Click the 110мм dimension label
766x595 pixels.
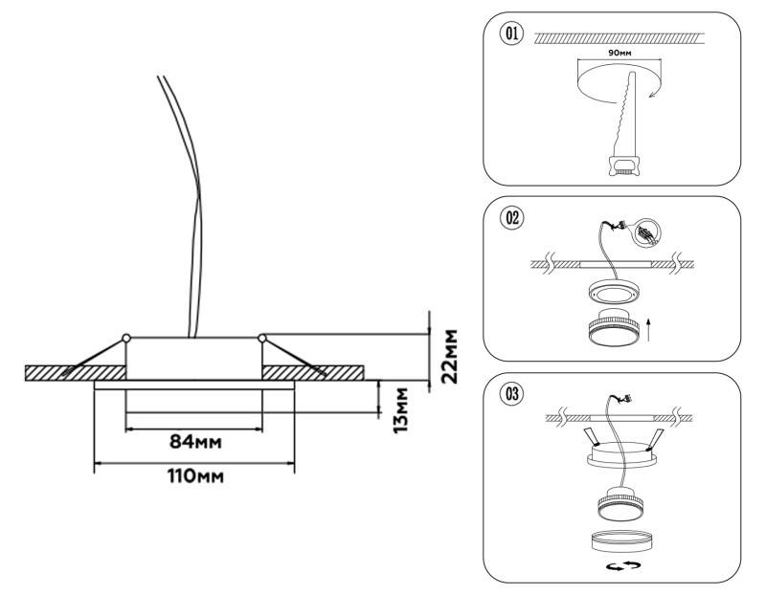point(193,475)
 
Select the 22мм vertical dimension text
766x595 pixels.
point(447,356)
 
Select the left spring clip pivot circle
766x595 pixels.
point(125,337)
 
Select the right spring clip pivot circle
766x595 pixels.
point(261,337)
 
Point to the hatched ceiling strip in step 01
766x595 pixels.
point(620,37)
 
